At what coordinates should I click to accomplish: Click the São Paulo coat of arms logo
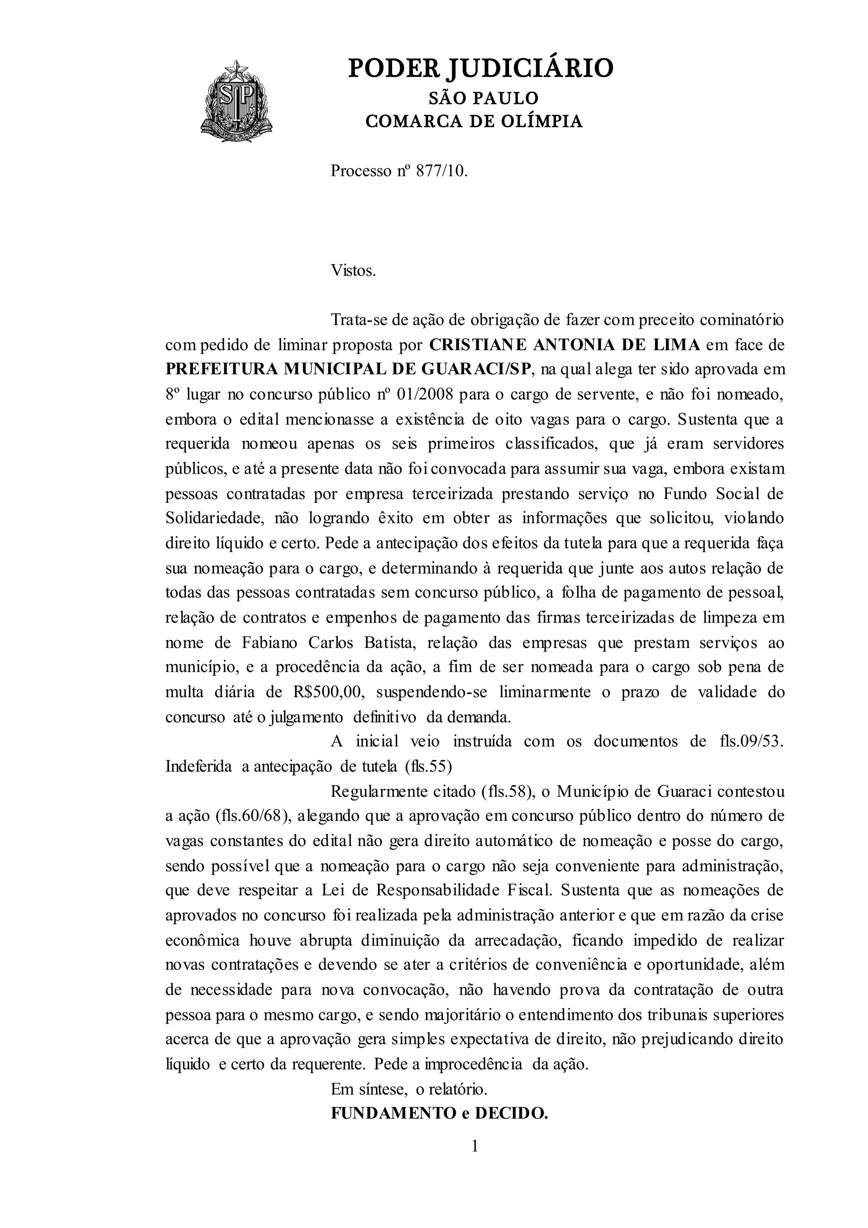point(236,102)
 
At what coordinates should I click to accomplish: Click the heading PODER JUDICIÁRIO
point(481,68)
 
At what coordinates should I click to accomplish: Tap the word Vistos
point(354,271)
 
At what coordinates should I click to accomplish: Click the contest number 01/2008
point(426,395)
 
